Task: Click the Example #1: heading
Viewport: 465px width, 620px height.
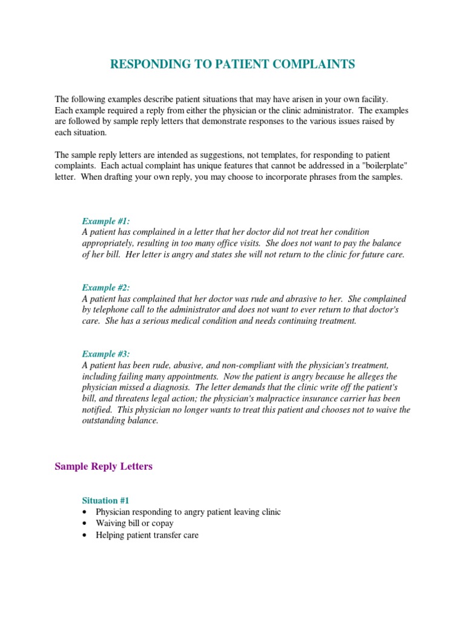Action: click(105, 222)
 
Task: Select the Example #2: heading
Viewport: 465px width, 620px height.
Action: click(105, 288)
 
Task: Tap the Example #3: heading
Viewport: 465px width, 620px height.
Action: click(105, 354)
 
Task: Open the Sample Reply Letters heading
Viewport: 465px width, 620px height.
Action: click(104, 466)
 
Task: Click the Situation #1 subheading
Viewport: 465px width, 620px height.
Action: click(105, 501)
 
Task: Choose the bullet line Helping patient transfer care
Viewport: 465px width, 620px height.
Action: click(147, 535)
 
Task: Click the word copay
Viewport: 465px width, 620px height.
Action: click(162, 523)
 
